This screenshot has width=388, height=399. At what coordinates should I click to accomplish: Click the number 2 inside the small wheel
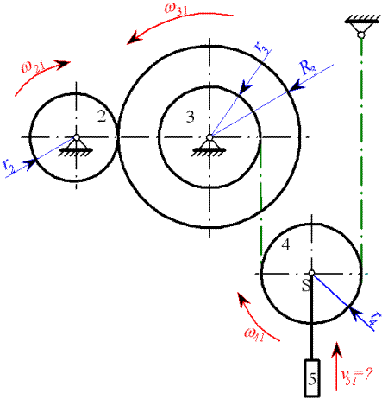click(x=102, y=117)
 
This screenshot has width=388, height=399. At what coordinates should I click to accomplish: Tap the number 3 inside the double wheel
click(x=190, y=117)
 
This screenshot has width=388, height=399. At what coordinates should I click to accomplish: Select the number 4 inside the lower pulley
click(x=285, y=245)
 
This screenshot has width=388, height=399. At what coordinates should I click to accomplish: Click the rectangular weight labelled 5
click(x=312, y=377)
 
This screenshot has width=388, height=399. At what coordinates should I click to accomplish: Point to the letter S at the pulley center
click(x=306, y=285)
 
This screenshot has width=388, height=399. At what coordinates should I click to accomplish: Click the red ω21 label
click(x=33, y=67)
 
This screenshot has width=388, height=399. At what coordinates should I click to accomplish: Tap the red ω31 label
click(x=176, y=9)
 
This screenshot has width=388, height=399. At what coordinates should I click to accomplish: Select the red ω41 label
click(x=254, y=334)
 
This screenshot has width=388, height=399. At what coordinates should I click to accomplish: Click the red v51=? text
click(x=357, y=377)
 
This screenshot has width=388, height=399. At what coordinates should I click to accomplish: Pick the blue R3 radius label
click(x=308, y=68)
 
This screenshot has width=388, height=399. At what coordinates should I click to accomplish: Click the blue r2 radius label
click(x=9, y=166)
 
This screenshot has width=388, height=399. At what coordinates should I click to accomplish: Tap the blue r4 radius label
click(x=375, y=320)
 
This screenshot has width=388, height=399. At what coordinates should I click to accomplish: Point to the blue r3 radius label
click(x=263, y=47)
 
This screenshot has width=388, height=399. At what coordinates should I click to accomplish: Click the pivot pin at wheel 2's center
click(x=76, y=137)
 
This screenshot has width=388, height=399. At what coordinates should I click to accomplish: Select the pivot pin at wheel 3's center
click(x=210, y=137)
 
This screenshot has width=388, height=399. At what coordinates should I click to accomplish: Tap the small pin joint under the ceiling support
click(x=361, y=35)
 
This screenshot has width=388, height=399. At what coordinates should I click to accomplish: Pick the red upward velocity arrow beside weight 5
click(x=336, y=366)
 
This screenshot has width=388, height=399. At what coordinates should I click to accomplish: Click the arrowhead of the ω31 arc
click(x=135, y=38)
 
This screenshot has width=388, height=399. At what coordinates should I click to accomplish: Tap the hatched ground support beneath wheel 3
click(x=210, y=151)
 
